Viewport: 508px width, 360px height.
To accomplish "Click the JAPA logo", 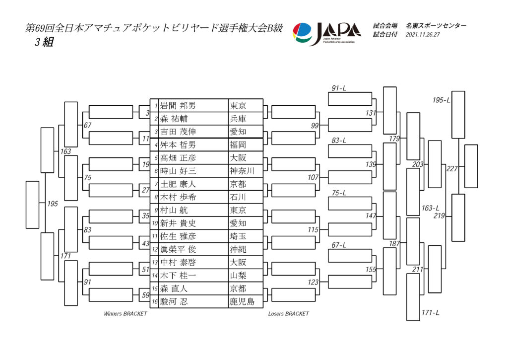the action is tap(326, 34).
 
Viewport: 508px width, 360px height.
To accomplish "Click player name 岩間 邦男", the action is tap(178, 106).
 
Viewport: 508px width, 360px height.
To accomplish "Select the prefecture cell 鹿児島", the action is tap(242, 301).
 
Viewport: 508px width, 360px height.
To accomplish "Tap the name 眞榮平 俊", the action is tap(178, 249).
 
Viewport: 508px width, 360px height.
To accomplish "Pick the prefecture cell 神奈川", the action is tap(242, 171).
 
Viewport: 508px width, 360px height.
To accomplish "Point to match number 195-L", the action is tap(441, 100).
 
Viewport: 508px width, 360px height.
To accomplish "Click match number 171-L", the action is tap(431, 313).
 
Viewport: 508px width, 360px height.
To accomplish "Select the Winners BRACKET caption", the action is tap(126, 314).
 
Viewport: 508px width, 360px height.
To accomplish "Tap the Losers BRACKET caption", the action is tap(288, 314).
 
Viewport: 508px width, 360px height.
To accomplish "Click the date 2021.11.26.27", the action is tap(423, 35).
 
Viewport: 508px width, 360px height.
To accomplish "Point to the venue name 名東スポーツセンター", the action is tap(436, 26).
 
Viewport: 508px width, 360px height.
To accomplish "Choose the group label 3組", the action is tap(44, 42).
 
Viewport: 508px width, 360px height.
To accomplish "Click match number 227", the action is tap(452, 169).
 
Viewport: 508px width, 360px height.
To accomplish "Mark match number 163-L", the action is tap(430, 208).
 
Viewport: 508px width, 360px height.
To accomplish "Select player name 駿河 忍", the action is tap(174, 301).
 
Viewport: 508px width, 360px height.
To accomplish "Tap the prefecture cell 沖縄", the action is tap(238, 249).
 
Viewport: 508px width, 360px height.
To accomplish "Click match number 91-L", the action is tap(339, 88).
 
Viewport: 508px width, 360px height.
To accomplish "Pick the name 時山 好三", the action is tap(178, 171).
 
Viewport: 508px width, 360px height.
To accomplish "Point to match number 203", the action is tap(418, 164).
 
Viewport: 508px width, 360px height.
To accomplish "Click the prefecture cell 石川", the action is tap(238, 197).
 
